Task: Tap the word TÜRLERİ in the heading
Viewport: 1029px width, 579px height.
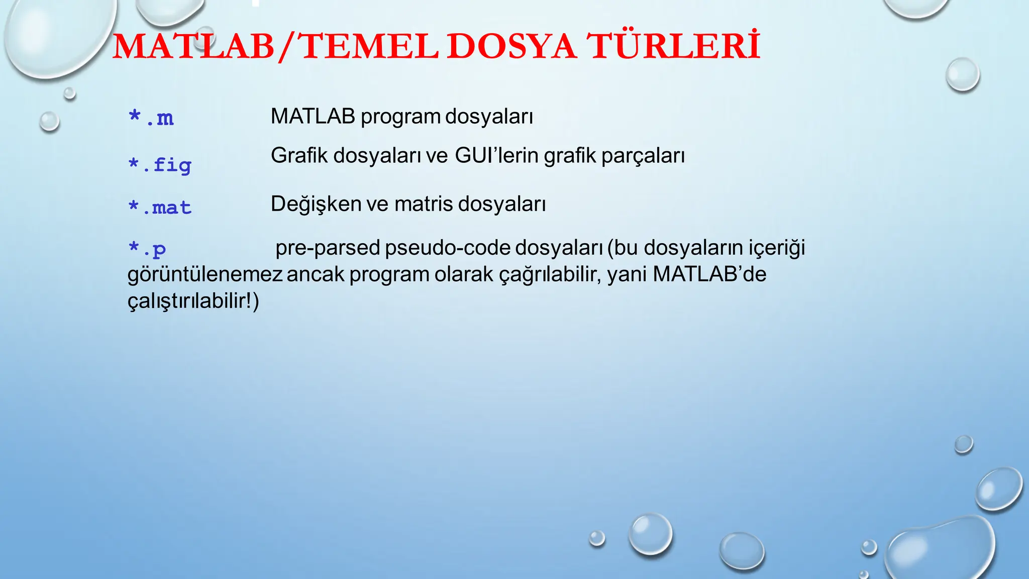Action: click(674, 46)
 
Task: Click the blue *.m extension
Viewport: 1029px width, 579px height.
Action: click(151, 118)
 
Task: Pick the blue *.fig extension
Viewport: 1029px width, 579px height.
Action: click(160, 165)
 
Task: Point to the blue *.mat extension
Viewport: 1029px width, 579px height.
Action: click(160, 207)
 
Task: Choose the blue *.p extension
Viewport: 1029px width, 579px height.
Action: click(147, 248)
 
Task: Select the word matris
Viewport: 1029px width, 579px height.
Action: click(424, 204)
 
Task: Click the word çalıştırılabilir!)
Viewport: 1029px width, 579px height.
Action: click(193, 302)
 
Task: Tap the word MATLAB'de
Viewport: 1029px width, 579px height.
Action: click(709, 274)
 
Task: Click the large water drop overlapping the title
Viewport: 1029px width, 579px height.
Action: click(55, 35)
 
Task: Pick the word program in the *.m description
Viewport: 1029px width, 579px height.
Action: click(400, 117)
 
